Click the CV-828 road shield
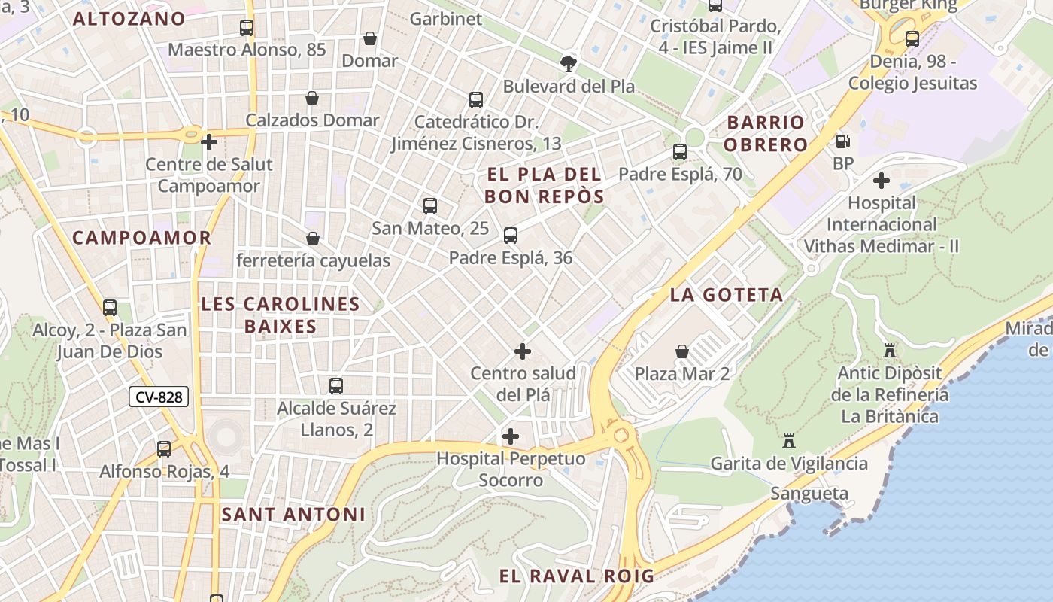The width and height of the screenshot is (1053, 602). click(x=158, y=397)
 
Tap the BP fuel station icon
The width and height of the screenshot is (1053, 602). click(x=843, y=141)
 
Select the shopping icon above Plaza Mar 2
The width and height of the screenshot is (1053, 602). click(x=682, y=351)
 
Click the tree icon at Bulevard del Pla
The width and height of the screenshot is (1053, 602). click(x=569, y=63)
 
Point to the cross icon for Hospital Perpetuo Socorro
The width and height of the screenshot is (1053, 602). click(x=511, y=436)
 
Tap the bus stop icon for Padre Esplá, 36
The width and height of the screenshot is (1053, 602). click(x=511, y=236)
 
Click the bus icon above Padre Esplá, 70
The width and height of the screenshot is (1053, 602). click(x=680, y=152)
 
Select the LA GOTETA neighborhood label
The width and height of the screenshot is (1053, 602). click(x=727, y=295)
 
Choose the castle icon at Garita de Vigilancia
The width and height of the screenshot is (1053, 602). click(x=789, y=441)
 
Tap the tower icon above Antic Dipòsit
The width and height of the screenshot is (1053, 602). click(x=890, y=351)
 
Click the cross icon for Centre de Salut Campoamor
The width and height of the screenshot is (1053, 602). click(x=209, y=141)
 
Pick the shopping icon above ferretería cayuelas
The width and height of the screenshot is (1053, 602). click(x=313, y=239)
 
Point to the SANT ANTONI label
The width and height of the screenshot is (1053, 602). click(x=293, y=515)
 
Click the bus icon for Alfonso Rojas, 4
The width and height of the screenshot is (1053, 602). click(x=164, y=449)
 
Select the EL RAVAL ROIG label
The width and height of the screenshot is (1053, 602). click(x=576, y=576)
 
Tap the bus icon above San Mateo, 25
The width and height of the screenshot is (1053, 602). click(x=430, y=206)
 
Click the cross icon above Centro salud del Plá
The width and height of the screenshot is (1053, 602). click(x=523, y=351)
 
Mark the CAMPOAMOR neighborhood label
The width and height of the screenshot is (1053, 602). click(x=141, y=238)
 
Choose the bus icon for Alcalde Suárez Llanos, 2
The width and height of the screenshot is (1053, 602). click(x=336, y=386)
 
